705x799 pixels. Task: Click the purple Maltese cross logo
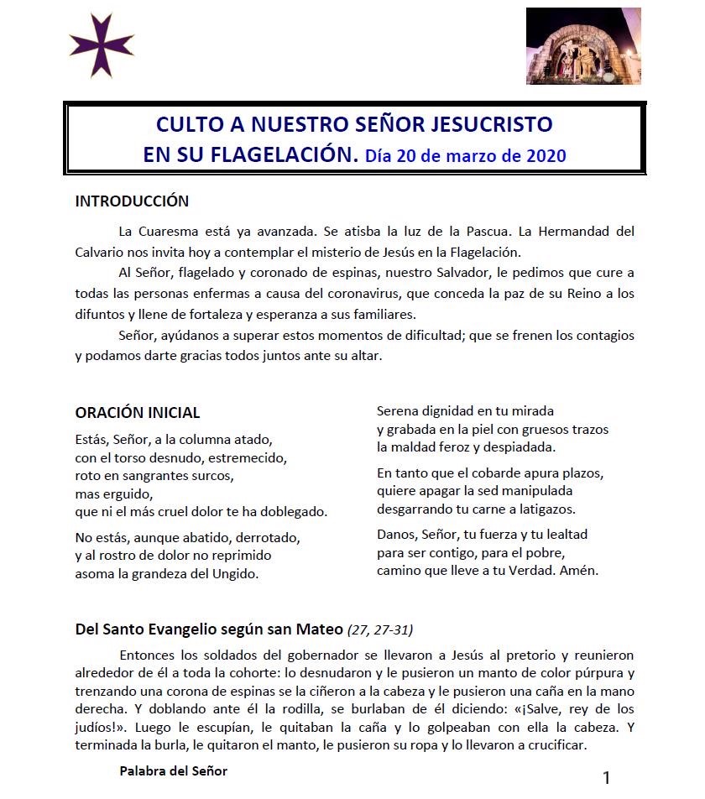pos(102,45)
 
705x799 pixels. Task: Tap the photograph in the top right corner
pos(582,46)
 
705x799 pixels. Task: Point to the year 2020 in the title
pos(546,156)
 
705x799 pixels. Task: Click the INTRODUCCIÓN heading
pos(132,201)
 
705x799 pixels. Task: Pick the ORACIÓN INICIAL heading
pos(138,413)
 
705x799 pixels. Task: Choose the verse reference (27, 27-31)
pos(380,629)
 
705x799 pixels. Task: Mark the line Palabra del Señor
pos(173,770)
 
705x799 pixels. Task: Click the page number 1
pos(606,777)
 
